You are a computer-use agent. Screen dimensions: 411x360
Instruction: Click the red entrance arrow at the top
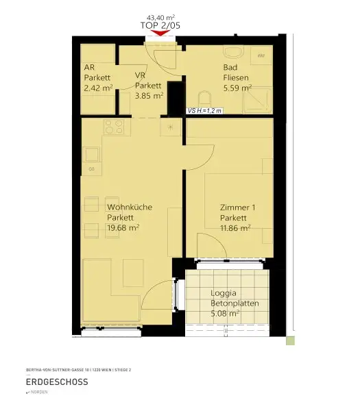coord(161,33)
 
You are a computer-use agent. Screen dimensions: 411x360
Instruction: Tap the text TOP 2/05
coord(161,25)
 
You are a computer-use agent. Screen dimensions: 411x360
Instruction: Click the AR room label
coord(90,68)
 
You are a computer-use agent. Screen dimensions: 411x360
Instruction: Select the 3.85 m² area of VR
coord(148,96)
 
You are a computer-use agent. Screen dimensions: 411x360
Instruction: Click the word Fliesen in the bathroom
coord(236,77)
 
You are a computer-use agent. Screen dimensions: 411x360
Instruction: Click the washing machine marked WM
coord(262,55)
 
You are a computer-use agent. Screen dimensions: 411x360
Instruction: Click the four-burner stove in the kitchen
coord(114,127)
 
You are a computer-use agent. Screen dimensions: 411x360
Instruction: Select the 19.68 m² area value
coord(123,228)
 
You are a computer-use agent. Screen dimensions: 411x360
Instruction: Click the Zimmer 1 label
coord(237,208)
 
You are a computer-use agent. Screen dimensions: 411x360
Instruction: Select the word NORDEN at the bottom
coord(40,393)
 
